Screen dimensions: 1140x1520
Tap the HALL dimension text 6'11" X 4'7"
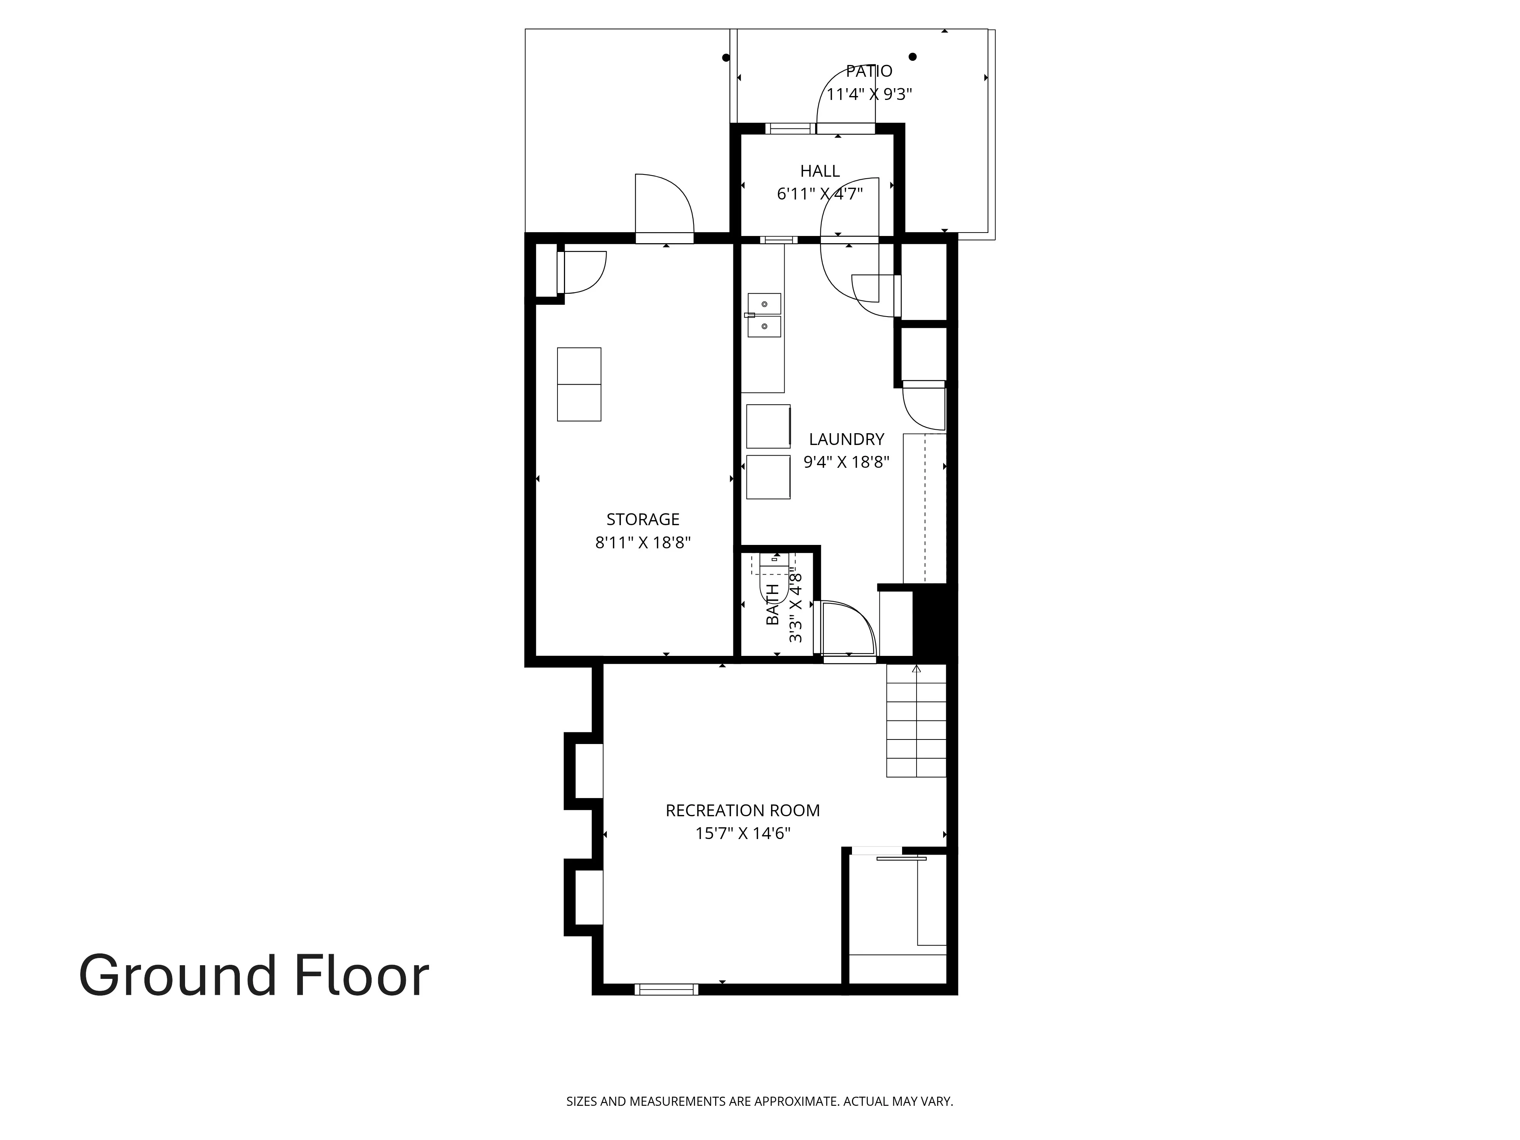pyautogui.click(x=819, y=194)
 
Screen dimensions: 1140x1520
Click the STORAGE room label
pyautogui.click(x=643, y=519)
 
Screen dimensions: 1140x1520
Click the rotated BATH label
pyautogui.click(x=773, y=604)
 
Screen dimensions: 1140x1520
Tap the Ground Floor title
pyautogui.click(x=253, y=976)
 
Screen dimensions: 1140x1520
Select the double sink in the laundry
pyautogui.click(x=764, y=315)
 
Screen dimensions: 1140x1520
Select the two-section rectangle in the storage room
pyautogui.click(x=579, y=384)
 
